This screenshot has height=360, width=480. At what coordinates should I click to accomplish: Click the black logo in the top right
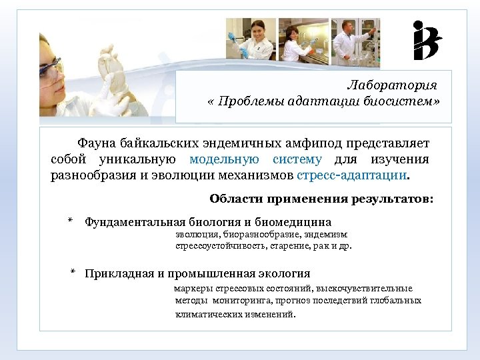pyautogui.click(x=427, y=41)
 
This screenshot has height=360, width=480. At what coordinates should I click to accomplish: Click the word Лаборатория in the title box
pyautogui.click(x=392, y=85)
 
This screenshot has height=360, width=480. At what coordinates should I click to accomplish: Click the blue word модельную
pyautogui.click(x=224, y=160)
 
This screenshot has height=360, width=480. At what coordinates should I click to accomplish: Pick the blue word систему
pyautogui.click(x=297, y=160)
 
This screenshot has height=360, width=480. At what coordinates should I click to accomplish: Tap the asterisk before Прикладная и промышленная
pyautogui.click(x=74, y=273)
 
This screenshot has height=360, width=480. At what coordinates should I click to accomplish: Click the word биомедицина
pyautogui.click(x=293, y=222)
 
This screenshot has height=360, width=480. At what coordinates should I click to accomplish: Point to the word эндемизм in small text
pyautogui.click(x=327, y=235)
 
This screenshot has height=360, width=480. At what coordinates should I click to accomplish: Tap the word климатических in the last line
pyautogui.click(x=205, y=313)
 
